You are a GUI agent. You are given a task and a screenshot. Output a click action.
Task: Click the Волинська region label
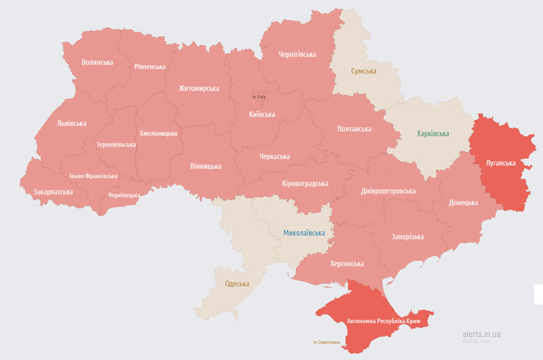coord(97,62)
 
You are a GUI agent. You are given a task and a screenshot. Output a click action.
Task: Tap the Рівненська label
coord(149,66)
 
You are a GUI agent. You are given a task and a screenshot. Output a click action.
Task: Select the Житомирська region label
coord(199,89)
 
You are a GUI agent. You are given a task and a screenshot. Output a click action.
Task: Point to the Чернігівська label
coord(298,54)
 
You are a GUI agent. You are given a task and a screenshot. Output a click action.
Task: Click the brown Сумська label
coord(364,71)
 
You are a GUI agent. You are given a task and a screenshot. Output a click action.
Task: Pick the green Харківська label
coord(433,133)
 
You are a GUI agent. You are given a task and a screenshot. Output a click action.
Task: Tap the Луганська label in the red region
coord(500,163)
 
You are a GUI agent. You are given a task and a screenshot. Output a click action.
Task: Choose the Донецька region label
coord(464,202)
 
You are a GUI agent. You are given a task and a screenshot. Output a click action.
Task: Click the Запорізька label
coord(407,237)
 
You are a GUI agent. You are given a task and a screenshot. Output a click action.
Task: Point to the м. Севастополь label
coord(328,343)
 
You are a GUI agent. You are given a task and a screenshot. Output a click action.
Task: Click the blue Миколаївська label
coord(304,232)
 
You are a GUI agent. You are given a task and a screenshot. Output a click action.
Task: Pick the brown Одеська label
coord(237,283)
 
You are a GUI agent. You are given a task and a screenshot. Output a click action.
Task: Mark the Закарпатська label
coord(53,192)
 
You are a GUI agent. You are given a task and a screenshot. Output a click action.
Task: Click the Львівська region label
coord(72,123)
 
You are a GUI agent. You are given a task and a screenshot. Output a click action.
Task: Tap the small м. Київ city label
coord(259,97)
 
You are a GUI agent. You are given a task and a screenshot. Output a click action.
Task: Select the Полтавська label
coord(354,129)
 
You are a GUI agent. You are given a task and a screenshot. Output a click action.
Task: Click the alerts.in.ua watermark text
coord(481,334)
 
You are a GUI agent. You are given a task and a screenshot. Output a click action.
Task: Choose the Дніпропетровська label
coord(389,190)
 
